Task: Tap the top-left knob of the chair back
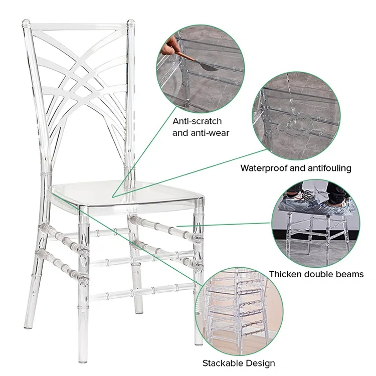pos(26,24)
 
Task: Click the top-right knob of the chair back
pos(131,23)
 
